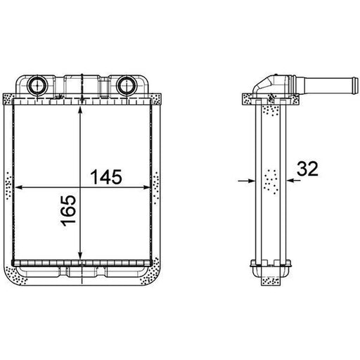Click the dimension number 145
click(106, 177)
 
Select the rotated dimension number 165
click(69, 211)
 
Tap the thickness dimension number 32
click(307, 169)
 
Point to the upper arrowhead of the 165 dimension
click(80, 111)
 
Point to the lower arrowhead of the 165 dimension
click(80, 255)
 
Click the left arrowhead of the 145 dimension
click(19, 187)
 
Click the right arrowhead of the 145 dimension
click(146, 187)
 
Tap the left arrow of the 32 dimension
click(246, 181)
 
